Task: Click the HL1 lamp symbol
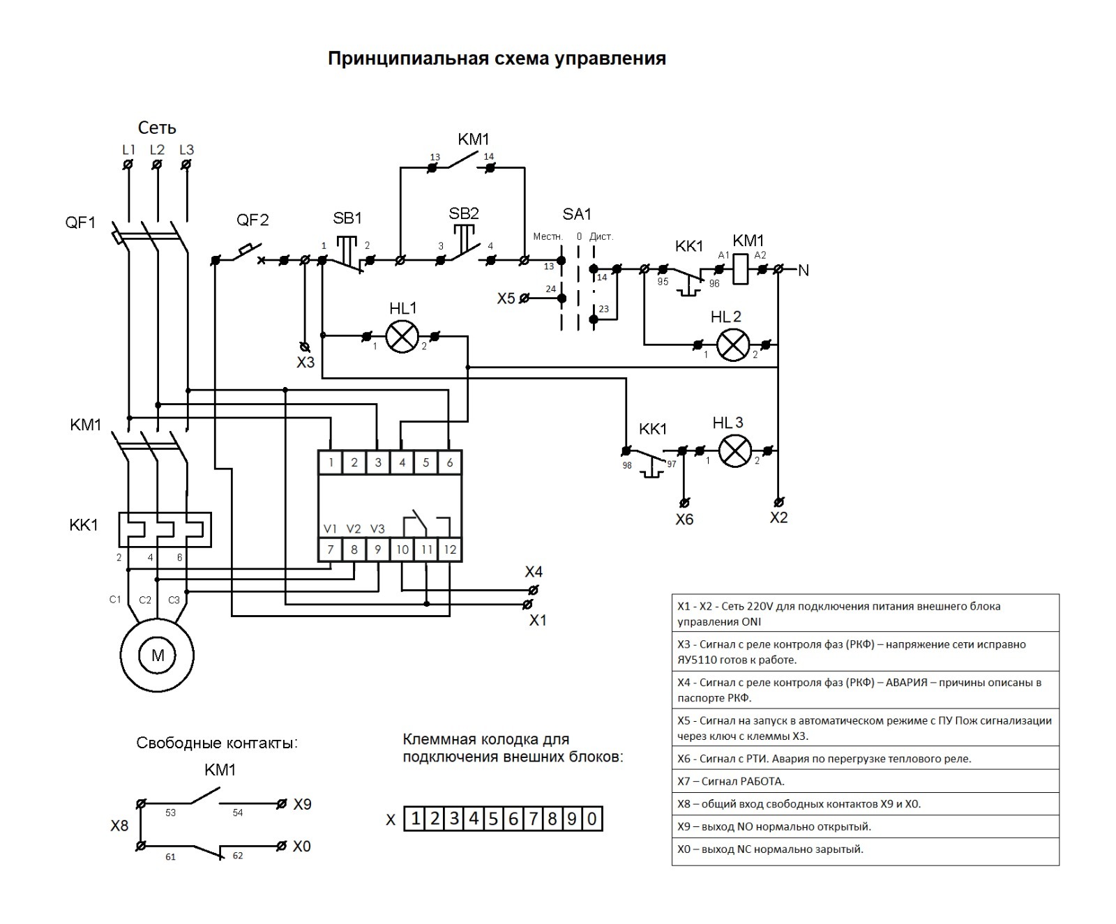(x=402, y=337)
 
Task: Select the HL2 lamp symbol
(x=733, y=345)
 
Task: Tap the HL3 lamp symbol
(x=734, y=451)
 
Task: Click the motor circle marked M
(x=157, y=656)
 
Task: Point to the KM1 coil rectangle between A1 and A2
(x=741, y=269)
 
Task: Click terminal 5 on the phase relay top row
(x=425, y=462)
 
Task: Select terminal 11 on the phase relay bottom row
(x=426, y=550)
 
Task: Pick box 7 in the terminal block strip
(x=533, y=818)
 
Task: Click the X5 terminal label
(x=506, y=298)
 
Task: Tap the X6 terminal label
(x=684, y=520)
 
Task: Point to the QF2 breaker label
(x=252, y=220)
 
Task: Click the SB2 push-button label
(x=464, y=213)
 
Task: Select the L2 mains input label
(x=157, y=150)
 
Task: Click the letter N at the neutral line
(x=804, y=271)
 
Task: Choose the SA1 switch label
(x=577, y=214)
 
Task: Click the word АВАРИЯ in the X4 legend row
(x=906, y=683)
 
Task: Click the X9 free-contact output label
(x=302, y=804)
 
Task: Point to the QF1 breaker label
(x=80, y=223)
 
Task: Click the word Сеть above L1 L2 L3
(x=157, y=128)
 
